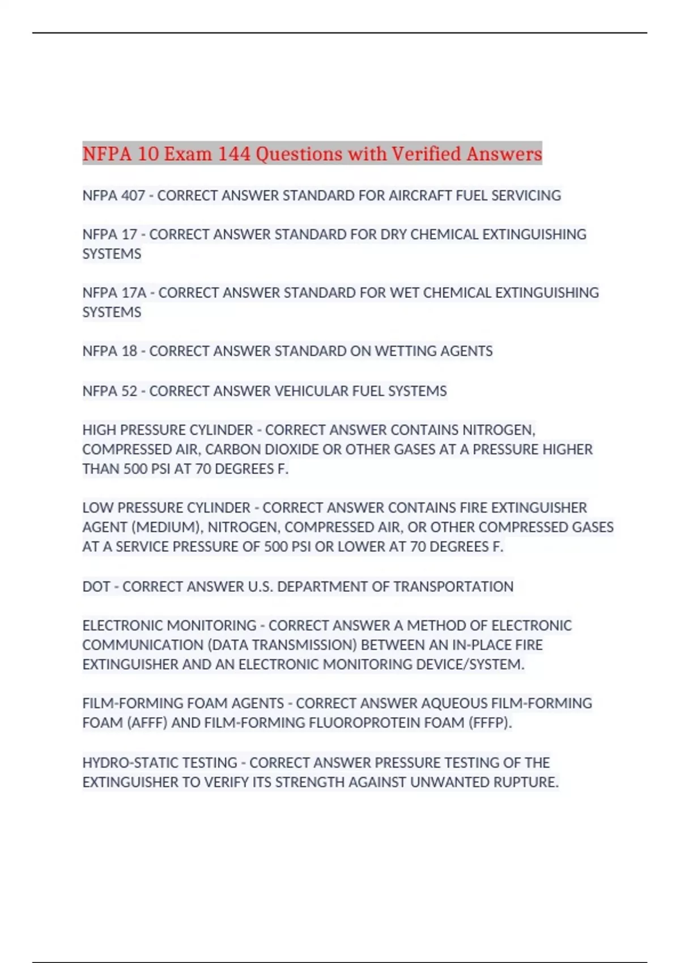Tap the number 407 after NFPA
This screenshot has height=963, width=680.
click(133, 195)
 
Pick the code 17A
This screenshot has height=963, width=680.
click(134, 293)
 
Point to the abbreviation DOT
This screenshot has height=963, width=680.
click(96, 586)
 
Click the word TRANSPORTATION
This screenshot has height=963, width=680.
click(453, 586)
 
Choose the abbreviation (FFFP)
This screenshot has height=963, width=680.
click(490, 723)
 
